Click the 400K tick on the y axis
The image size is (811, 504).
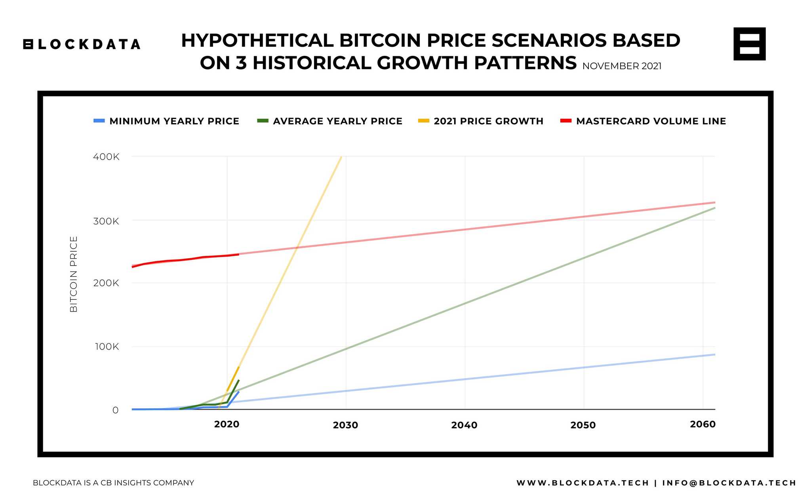click(x=106, y=157)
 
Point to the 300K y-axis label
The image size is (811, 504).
click(x=106, y=221)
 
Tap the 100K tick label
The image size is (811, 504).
click(x=106, y=347)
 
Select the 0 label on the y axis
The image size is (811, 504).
click(x=115, y=410)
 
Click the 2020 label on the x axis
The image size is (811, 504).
click(x=227, y=424)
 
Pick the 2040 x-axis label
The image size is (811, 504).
click(x=464, y=425)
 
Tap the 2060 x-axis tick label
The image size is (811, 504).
click(x=702, y=424)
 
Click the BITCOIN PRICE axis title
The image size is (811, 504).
click(x=74, y=274)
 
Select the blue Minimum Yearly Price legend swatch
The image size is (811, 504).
click(x=99, y=121)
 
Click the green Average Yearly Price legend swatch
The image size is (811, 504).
click(x=263, y=121)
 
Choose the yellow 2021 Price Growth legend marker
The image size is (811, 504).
click(x=424, y=121)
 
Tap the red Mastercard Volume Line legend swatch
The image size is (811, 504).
click(x=566, y=121)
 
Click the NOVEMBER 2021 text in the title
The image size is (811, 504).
click(x=622, y=66)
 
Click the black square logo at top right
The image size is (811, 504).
click(x=749, y=44)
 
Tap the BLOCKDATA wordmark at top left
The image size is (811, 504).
click(x=82, y=44)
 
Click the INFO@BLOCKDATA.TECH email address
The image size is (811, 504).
click(x=729, y=483)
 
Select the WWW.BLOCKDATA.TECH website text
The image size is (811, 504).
click(x=583, y=483)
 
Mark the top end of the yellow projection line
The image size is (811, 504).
click(x=341, y=158)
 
